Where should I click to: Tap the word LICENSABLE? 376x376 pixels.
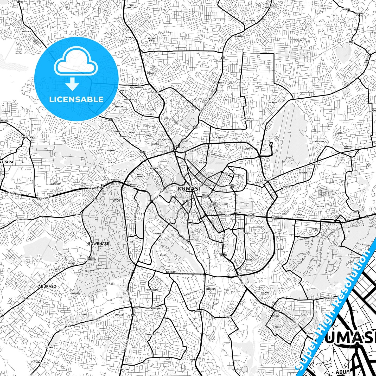pyautogui.click(x=76, y=99)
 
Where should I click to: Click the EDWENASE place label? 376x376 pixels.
pyautogui.click(x=99, y=244)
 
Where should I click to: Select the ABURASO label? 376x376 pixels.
pyautogui.click(x=47, y=286)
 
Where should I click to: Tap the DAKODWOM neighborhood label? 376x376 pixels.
pyautogui.click(x=171, y=272)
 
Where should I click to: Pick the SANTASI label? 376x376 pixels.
pyautogui.click(x=119, y=315)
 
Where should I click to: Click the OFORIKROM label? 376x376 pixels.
pyautogui.click(x=277, y=217)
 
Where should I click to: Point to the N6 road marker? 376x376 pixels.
pyautogui.click(x=367, y=216)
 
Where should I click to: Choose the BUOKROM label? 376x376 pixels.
pyautogui.click(x=272, y=103)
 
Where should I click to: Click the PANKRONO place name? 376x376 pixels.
pyautogui.click(x=240, y=36)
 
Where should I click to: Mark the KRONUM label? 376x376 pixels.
pyautogui.click(x=130, y=37)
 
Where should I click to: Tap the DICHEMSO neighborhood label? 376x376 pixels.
pyautogui.click(x=247, y=149)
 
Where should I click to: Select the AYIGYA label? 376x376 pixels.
pyautogui.click(x=320, y=206)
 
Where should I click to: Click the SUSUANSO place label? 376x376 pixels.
pyautogui.click(x=298, y=214)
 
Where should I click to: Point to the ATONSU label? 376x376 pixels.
pyautogui.click(x=275, y=316)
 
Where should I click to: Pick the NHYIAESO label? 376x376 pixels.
pyautogui.click(x=188, y=239)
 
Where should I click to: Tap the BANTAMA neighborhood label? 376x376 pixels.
pyautogui.click(x=154, y=169)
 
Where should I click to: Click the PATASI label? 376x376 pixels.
pyautogui.click(x=130, y=242)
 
